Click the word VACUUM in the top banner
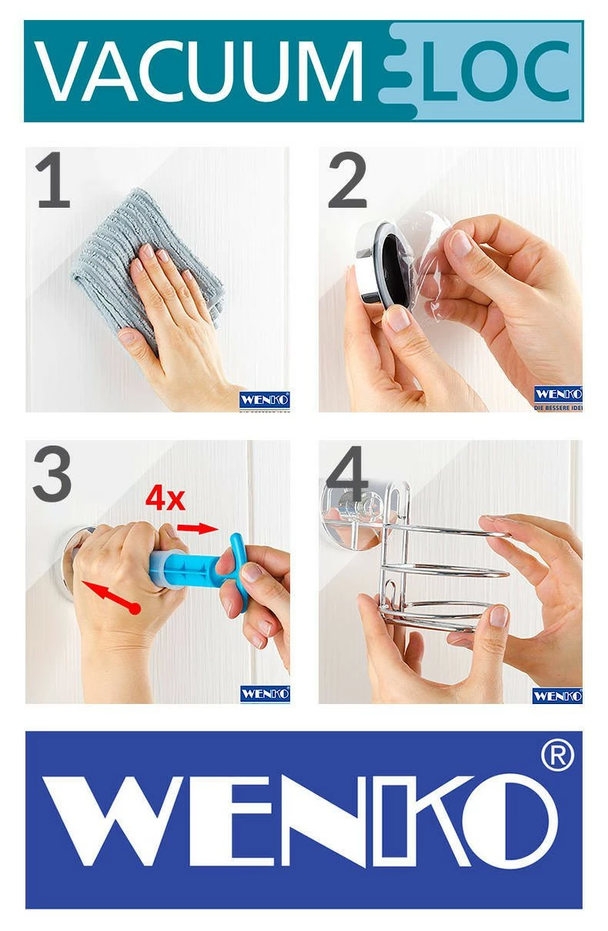(199, 72)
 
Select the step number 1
(52, 182)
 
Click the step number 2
(347, 182)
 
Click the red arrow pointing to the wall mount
(107, 597)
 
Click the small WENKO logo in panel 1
(264, 400)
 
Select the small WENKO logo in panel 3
(264, 694)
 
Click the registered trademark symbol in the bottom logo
(557, 757)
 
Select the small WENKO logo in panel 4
(557, 696)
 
